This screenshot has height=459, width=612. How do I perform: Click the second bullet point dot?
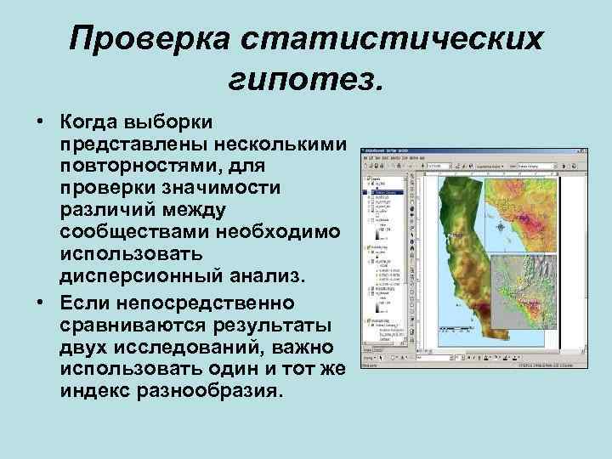coord(40,303)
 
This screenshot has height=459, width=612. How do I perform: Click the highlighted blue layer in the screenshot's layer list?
coord(387,193)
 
